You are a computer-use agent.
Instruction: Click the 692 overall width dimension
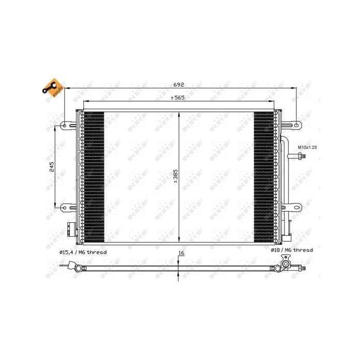coord(178,84)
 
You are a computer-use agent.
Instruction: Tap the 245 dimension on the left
coord(51,167)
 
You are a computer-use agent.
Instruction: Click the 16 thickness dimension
coord(181,253)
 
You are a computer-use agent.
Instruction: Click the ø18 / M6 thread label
coord(291,250)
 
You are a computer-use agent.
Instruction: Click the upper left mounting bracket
coord(68,125)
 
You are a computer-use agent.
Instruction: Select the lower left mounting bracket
coord(68,208)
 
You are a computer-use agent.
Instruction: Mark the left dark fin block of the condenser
coord(93,177)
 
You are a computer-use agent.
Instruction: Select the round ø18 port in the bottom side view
coord(284,267)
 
